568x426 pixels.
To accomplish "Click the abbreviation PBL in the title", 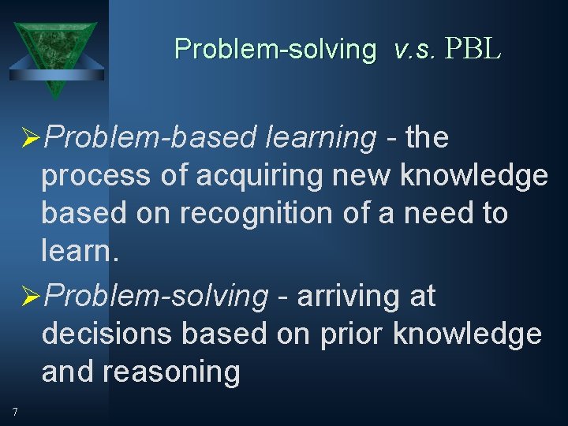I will point(473,49).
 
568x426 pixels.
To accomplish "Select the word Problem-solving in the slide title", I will point(275,49).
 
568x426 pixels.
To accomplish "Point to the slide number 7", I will point(15,411).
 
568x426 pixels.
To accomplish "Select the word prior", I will point(351,334).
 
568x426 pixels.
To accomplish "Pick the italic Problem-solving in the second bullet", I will point(156,297).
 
